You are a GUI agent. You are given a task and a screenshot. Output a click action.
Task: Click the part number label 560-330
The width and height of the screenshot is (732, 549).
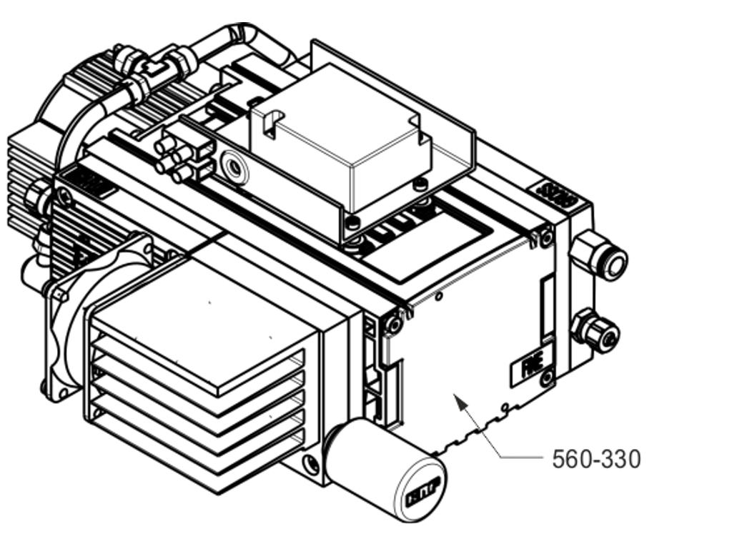click(x=596, y=459)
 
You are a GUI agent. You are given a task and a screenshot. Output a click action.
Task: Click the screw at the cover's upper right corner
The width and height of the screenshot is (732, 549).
click(x=547, y=237)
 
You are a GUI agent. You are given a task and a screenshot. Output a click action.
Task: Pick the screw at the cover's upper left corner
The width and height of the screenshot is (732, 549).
click(x=394, y=325)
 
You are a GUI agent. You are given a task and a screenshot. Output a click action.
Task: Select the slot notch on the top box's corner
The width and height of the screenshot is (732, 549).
click(x=269, y=125)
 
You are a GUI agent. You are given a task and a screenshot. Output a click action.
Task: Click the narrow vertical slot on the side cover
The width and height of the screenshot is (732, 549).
click(x=547, y=307)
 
